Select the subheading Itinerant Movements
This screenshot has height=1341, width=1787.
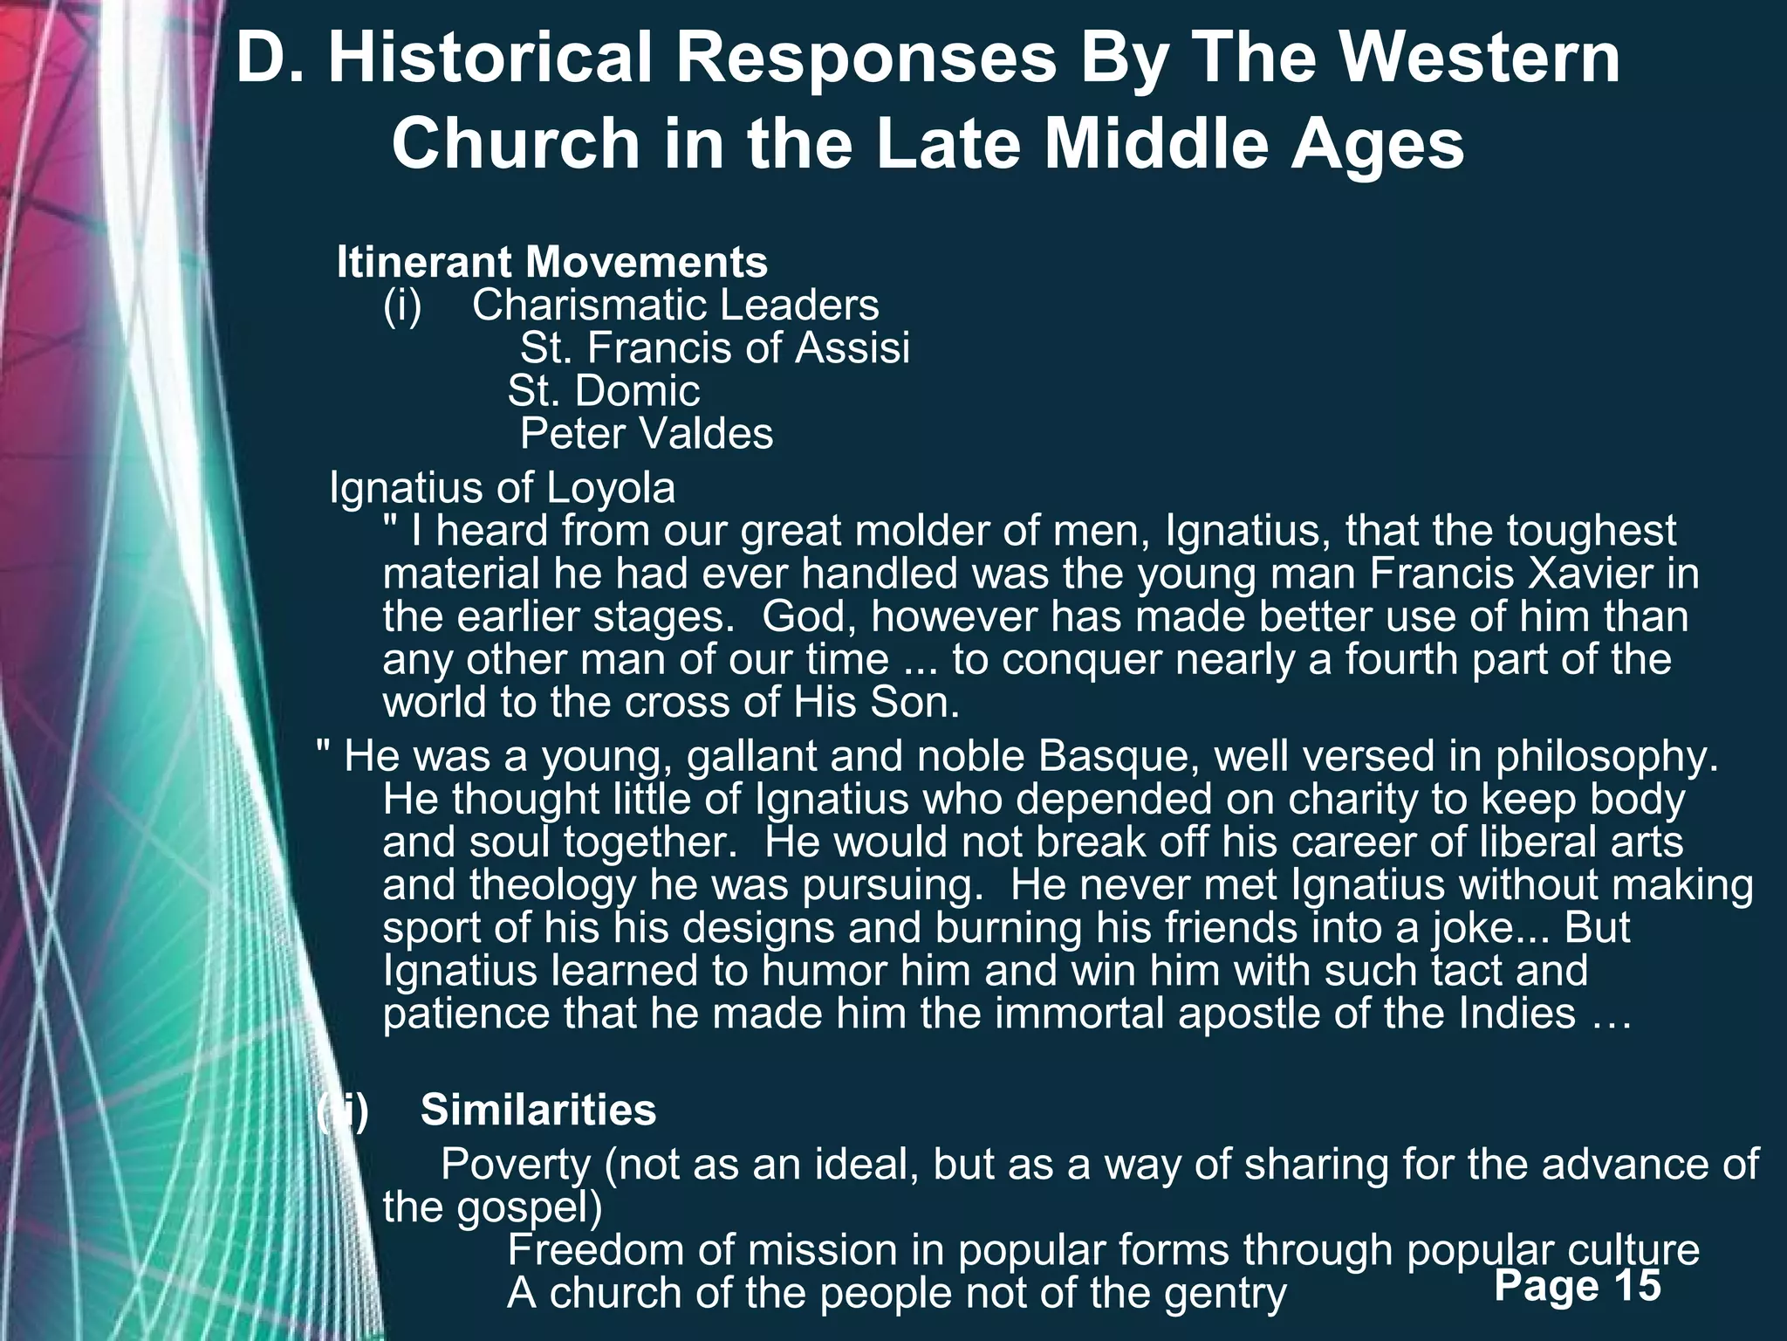[x=552, y=262]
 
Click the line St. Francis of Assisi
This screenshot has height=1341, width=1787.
[x=715, y=347]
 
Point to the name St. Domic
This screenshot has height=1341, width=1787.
[x=604, y=390]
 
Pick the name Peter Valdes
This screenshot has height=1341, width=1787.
[x=647, y=434]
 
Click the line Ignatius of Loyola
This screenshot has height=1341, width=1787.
[x=503, y=488]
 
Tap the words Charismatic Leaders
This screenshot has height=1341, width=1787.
[x=675, y=305]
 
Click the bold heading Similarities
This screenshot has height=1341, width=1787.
[x=538, y=1111]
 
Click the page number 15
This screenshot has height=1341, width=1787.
[x=1638, y=1285]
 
